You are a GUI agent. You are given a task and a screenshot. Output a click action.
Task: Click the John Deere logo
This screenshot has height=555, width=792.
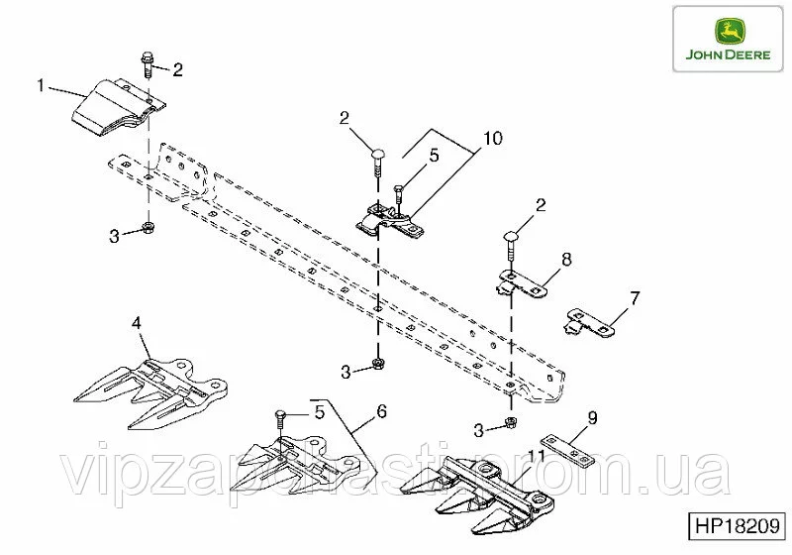[x=728, y=39]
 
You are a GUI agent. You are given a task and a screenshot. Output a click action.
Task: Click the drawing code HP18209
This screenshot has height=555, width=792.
[x=738, y=526]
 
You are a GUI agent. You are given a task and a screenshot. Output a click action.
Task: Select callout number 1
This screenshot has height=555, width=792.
[x=41, y=85]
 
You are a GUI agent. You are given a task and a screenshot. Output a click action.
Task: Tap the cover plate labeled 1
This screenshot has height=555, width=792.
[x=119, y=107]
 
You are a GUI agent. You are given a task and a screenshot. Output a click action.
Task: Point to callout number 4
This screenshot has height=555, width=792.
[x=137, y=323]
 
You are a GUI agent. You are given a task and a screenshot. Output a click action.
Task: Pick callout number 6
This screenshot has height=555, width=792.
[x=382, y=411]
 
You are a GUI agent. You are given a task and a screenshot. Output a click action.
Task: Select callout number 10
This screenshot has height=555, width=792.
[x=493, y=138]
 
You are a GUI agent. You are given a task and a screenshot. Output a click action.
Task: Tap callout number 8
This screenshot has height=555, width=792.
[x=566, y=260]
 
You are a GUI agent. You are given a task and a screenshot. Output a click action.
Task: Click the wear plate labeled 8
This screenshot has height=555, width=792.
[x=522, y=284]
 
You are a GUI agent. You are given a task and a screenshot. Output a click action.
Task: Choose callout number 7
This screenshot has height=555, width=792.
[x=635, y=297]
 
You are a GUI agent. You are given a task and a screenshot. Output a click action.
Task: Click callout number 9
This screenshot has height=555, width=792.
[x=592, y=418]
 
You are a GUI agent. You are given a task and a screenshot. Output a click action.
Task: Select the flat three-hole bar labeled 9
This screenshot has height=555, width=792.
[x=568, y=451]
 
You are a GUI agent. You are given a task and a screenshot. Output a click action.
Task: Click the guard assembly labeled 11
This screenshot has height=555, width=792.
[x=477, y=496]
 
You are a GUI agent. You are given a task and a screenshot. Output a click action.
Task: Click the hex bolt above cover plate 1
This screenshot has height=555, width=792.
[x=148, y=63]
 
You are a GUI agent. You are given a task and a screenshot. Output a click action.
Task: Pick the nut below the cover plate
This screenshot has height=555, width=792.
[x=148, y=227]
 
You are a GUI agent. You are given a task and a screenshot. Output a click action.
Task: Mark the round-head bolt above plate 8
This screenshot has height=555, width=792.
[x=511, y=246]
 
